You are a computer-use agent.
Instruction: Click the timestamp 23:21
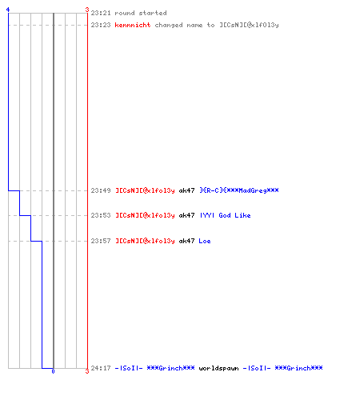pyautogui.click(x=101, y=13)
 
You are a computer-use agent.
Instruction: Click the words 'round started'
pyautogui.click(x=141, y=13)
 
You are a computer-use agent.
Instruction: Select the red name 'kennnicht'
pyautogui.click(x=133, y=25)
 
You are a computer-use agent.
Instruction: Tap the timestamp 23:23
pyautogui.click(x=101, y=25)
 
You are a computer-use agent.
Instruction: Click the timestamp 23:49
pyautogui.click(x=101, y=190)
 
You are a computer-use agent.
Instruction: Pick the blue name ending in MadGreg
pyautogui.click(x=239, y=190)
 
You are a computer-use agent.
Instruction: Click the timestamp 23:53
pyautogui.click(x=101, y=215)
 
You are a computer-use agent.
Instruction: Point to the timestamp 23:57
pyautogui.click(x=101, y=241)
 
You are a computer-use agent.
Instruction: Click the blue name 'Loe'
pyautogui.click(x=205, y=241)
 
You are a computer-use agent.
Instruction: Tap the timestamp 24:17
pyautogui.click(x=101, y=368)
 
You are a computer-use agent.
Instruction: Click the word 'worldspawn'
pyautogui.click(x=218, y=368)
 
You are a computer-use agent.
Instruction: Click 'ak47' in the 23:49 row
pyautogui.click(x=186, y=190)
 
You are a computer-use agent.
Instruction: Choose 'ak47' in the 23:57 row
pyautogui.click(x=186, y=241)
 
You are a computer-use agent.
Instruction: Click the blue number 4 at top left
pyautogui.click(x=8, y=10)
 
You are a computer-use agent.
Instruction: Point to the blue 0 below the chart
pyautogui.click(x=53, y=371)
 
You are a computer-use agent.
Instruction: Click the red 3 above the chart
pyautogui.click(x=87, y=10)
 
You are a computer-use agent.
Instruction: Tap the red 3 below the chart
pyautogui.click(x=87, y=371)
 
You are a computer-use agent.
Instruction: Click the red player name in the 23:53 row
pyautogui.click(x=145, y=215)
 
